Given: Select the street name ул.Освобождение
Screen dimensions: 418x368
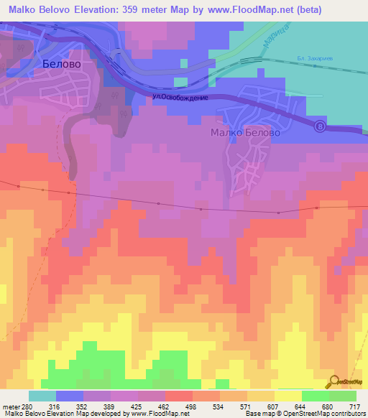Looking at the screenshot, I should pos(180,97).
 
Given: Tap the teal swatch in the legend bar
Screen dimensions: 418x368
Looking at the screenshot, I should pos(42,396).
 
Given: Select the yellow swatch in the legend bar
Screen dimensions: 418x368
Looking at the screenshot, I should pos(287,396).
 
